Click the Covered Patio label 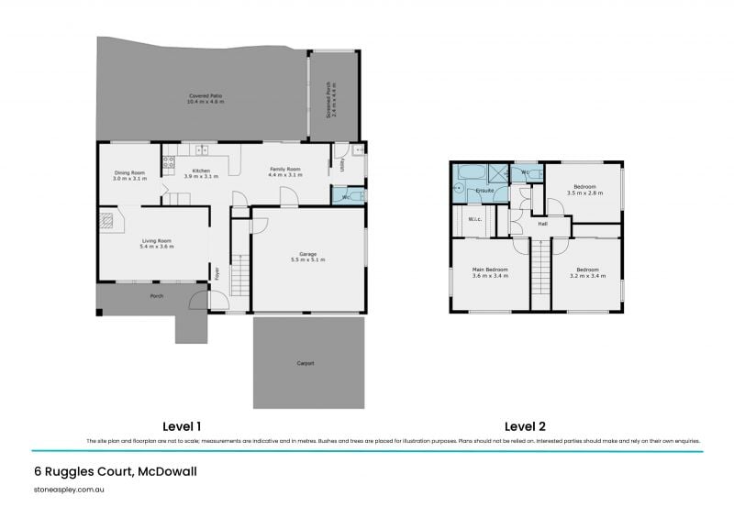pyautogui.click(x=206, y=95)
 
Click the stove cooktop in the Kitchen pyautogui.click(x=168, y=162)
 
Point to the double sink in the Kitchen pyautogui.click(x=202, y=149)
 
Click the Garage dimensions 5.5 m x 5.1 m pyautogui.click(x=307, y=260)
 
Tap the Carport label pyautogui.click(x=306, y=363)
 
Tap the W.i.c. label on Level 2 pyautogui.click(x=475, y=219)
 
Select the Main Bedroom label pyautogui.click(x=490, y=270)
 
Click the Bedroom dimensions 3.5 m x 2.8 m pyautogui.click(x=584, y=193)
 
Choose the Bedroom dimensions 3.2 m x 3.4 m pyautogui.click(x=586, y=275)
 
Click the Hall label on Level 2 pyautogui.click(x=542, y=223)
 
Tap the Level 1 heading pyautogui.click(x=182, y=426)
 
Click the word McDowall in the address pyautogui.click(x=166, y=471)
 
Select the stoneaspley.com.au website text pyautogui.click(x=67, y=490)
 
